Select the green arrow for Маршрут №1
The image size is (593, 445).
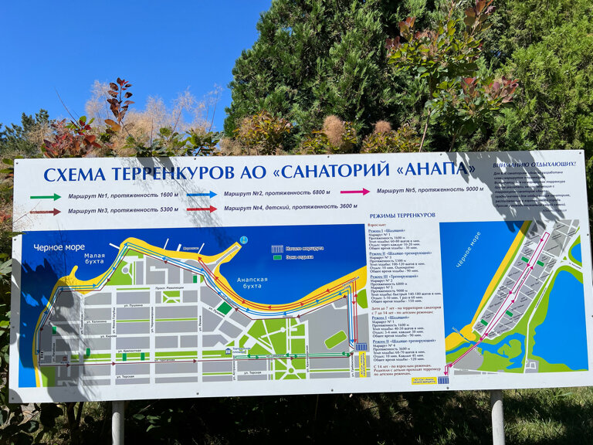[x=46, y=197]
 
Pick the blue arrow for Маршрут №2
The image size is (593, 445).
[x=202, y=194]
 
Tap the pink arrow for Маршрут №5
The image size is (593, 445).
[x=355, y=192]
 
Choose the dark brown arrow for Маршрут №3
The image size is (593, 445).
[x=46, y=211]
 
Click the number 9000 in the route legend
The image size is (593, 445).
[x=469, y=190]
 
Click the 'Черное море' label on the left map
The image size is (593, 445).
[x=58, y=247]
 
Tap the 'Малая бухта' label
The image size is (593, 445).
[x=95, y=258]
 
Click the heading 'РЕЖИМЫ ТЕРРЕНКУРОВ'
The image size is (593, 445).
[x=402, y=215]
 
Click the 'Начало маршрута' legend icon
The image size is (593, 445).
[x=277, y=249]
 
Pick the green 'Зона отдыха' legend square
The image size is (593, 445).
[x=277, y=257]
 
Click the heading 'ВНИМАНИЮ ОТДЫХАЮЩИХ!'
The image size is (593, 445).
[x=533, y=164]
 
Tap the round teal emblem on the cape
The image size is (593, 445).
[x=243, y=239]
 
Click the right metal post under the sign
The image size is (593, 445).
[x=497, y=417]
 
